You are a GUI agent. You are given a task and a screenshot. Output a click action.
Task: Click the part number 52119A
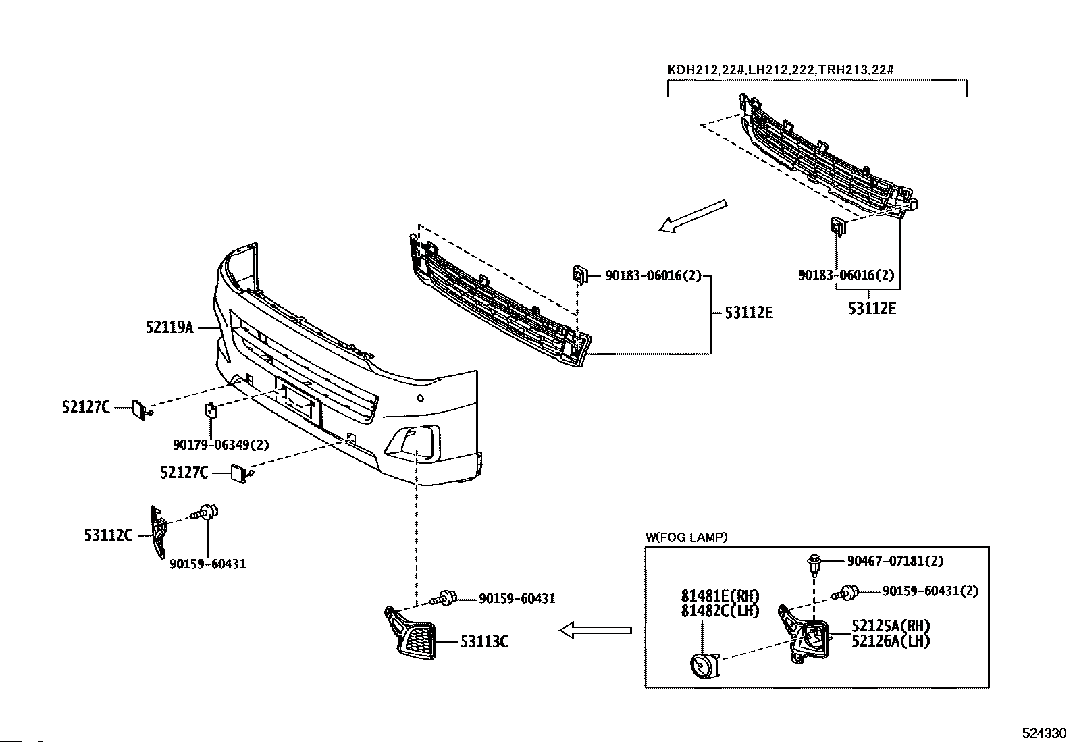[169, 327]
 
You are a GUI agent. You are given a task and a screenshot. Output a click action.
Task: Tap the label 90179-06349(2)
[221, 445]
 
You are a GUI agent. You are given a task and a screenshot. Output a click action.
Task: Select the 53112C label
[109, 535]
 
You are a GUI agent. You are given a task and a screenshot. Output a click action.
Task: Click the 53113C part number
[484, 641]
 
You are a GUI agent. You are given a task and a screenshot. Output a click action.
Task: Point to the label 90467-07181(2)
[895, 561]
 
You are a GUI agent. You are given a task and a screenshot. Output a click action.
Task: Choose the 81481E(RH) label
[720, 596]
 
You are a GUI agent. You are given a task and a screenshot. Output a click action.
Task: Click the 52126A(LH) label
[891, 641]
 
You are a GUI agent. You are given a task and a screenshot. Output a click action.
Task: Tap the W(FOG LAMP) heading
[686, 537]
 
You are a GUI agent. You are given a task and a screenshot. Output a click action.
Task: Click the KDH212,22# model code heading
[706, 70]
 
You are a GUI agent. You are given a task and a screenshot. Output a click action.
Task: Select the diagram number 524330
[1044, 733]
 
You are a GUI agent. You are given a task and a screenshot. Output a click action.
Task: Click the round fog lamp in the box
[704, 666]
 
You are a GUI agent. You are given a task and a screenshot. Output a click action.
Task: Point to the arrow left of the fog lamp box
[596, 630]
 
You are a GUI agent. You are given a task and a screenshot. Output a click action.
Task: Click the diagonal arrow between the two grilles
[693, 216]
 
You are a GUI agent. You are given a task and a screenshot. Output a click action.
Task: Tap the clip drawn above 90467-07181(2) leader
[814, 565]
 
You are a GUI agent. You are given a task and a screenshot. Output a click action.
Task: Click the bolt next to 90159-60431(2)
[845, 593]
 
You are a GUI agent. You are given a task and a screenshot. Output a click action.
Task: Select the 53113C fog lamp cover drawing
[413, 633]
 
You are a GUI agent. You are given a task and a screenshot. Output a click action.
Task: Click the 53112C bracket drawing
[159, 532]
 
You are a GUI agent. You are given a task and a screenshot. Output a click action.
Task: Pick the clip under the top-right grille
[838, 226]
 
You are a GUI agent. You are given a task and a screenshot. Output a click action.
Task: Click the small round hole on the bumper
[421, 398]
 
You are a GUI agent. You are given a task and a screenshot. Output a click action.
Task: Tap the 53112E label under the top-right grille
[872, 309]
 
